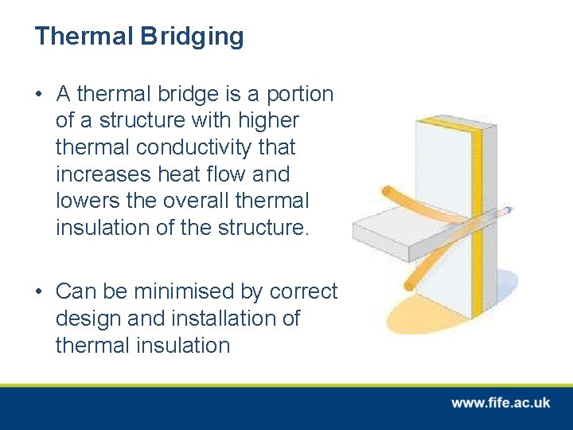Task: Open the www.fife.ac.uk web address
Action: pyautogui.click(x=501, y=403)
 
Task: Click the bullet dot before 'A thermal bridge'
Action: pyautogui.click(x=39, y=95)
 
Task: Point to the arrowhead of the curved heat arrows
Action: pyautogui.click(x=507, y=211)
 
